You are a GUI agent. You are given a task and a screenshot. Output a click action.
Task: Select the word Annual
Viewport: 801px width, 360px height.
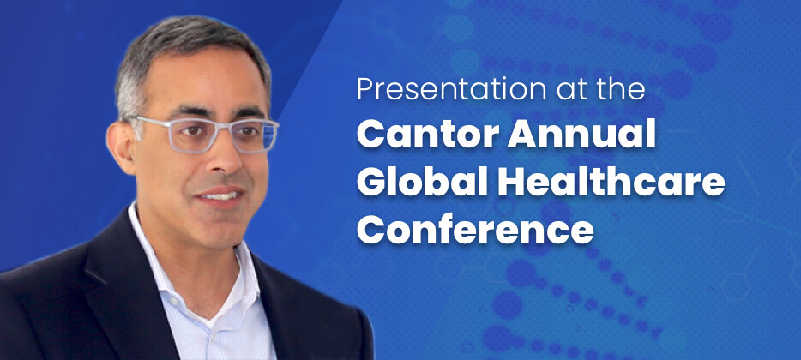point(581,134)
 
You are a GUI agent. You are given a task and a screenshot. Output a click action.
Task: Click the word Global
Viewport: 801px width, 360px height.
point(422,181)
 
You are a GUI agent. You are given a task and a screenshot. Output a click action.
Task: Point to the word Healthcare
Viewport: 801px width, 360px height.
point(611,181)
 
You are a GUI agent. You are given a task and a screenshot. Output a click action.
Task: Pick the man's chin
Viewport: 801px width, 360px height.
point(225,225)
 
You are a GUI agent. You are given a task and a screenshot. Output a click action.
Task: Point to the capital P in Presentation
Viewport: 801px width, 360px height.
point(365,89)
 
